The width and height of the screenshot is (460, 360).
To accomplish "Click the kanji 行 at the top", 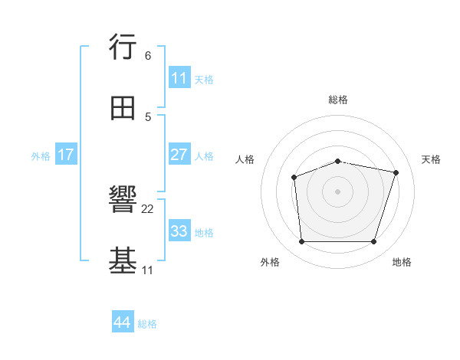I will pyautogui.click(x=123, y=48).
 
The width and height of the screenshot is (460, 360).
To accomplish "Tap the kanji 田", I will pyautogui.click(x=123, y=107).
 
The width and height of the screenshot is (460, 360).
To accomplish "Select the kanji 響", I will pyautogui.click(x=123, y=202).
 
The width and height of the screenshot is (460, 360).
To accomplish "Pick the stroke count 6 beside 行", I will pyautogui.click(x=148, y=56).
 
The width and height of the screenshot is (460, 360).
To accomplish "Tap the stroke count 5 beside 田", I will pyautogui.click(x=148, y=116).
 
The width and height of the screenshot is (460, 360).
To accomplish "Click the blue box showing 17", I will pyautogui.click(x=66, y=155).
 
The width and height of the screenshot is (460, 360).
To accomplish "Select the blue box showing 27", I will pyautogui.click(x=179, y=155).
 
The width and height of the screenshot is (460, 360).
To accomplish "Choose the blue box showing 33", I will pyautogui.click(x=179, y=231).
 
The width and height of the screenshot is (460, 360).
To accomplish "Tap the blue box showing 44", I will pyautogui.click(x=122, y=322).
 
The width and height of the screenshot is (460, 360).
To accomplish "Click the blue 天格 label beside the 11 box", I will pyautogui.click(x=204, y=79).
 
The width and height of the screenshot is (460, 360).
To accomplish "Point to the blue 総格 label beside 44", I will pyautogui.click(x=147, y=324).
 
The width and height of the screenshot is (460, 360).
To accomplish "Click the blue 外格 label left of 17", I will pyautogui.click(x=41, y=156).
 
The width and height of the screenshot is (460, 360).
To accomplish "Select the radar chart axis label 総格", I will pyautogui.click(x=338, y=100).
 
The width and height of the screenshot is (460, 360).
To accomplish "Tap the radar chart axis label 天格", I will pyautogui.click(x=431, y=159).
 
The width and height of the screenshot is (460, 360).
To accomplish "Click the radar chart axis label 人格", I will pyautogui.click(x=245, y=159).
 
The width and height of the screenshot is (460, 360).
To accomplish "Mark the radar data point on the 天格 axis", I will pyautogui.click(x=396, y=172).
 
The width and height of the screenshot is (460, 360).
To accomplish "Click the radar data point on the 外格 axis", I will pyautogui.click(x=302, y=242).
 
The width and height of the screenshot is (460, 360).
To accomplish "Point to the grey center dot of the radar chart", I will pyautogui.click(x=338, y=191).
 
